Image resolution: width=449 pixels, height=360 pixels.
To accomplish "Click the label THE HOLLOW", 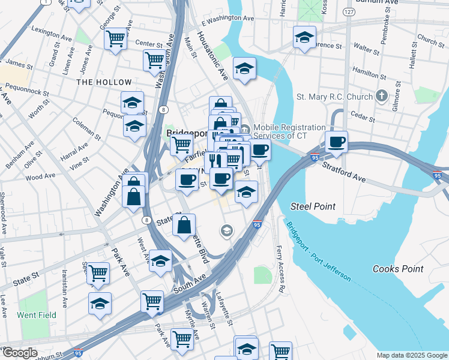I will pos(104,82).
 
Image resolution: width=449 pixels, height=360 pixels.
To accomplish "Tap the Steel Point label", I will pos(313,206).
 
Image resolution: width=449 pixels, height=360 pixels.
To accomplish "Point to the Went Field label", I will pos(37,315).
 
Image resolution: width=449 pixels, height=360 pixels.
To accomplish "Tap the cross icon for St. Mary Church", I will pos(381,96).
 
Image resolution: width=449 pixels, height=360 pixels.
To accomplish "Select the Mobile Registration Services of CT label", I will pos(289,131).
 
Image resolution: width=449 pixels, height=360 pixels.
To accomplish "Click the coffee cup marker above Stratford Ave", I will pos(336,142).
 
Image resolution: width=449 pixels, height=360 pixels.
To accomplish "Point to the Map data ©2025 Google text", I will pos(411,355).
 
